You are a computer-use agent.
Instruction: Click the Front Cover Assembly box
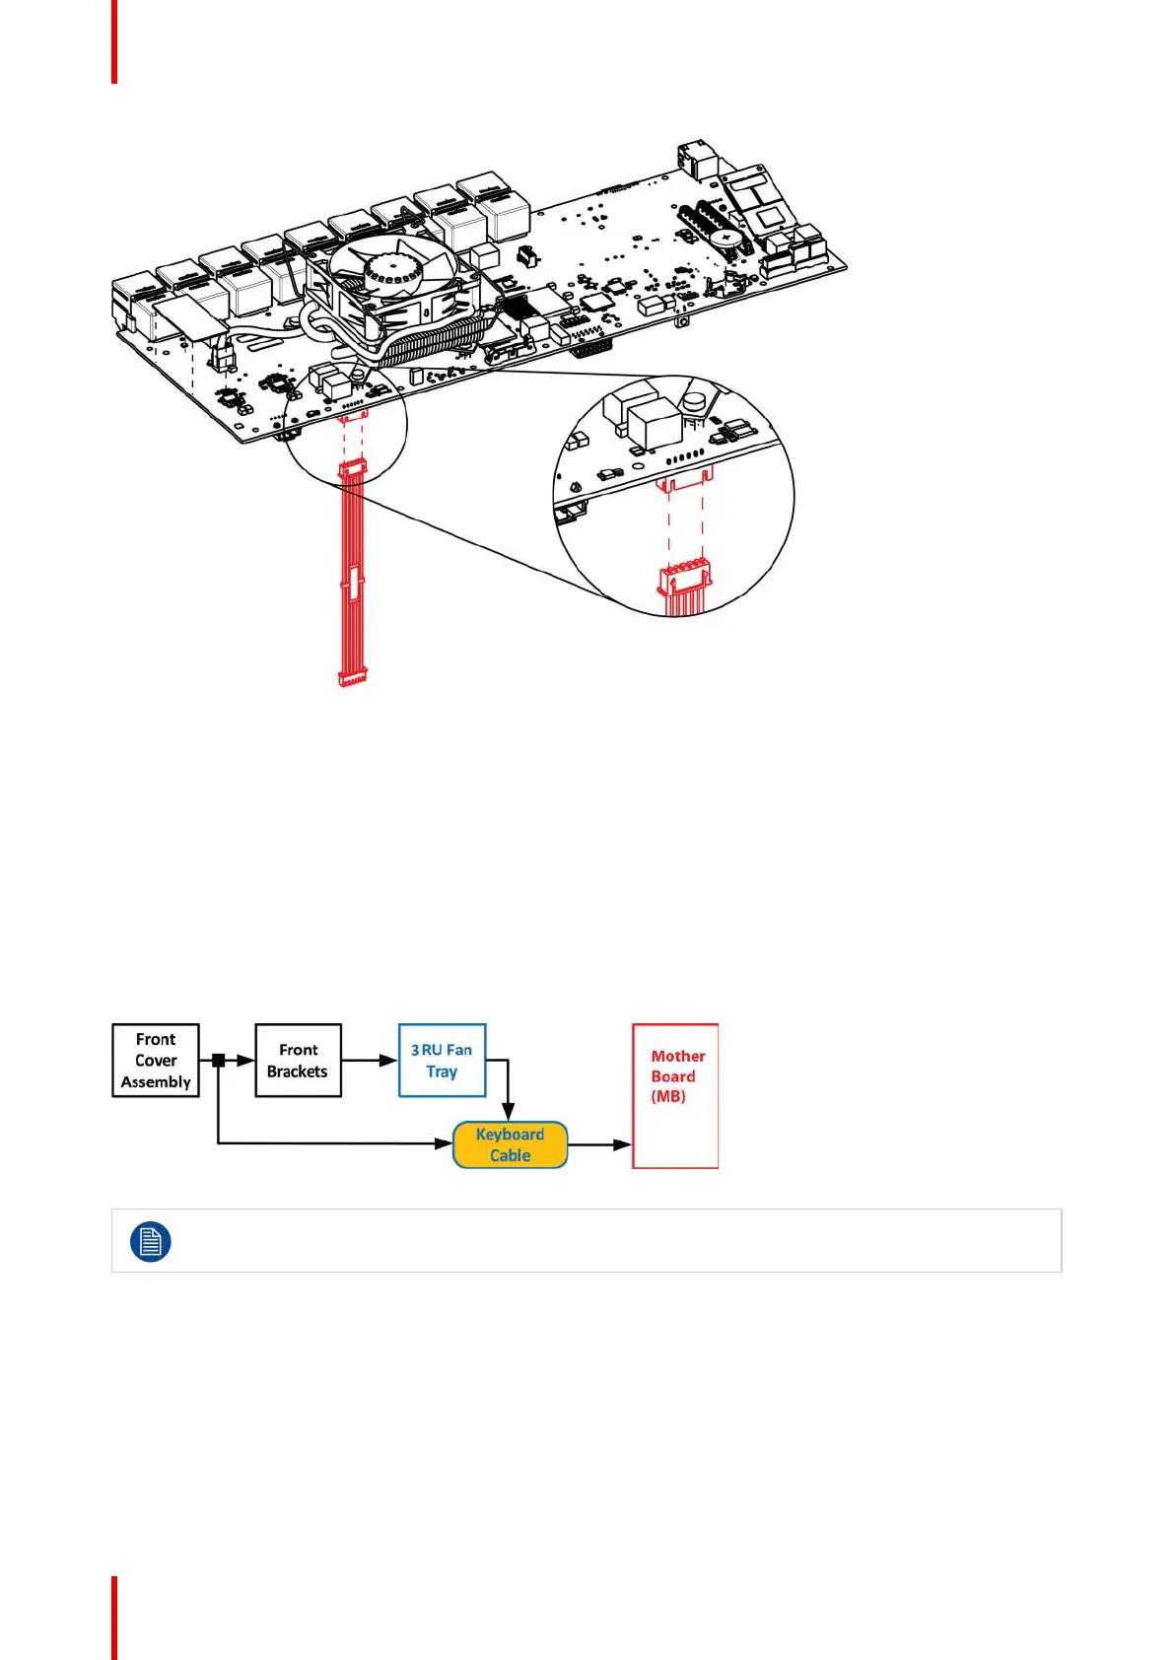[x=156, y=1061]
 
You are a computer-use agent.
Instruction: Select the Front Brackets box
[x=298, y=1061]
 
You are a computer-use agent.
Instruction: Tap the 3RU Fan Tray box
[x=442, y=1061]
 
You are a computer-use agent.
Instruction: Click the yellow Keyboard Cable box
[x=510, y=1144]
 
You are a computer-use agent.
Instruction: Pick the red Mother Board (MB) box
[x=675, y=1096]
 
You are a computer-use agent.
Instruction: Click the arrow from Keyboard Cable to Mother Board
[x=599, y=1144]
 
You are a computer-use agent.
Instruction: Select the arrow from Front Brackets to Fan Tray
[x=369, y=1061]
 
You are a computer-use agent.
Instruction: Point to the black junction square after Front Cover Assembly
[x=219, y=1061]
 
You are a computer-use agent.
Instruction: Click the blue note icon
[x=150, y=1241]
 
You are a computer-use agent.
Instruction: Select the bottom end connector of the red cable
[x=352, y=677]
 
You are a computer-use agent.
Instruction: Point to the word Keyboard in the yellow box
[x=510, y=1135]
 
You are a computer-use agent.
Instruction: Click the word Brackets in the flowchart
[x=297, y=1072]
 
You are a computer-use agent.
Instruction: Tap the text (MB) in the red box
[x=668, y=1096]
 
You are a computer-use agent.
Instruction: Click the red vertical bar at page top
[x=114, y=41]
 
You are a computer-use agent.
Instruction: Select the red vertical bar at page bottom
[x=114, y=1618]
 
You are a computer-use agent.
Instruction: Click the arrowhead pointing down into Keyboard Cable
[x=508, y=1112]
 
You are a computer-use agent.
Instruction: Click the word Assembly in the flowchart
[x=156, y=1082]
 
